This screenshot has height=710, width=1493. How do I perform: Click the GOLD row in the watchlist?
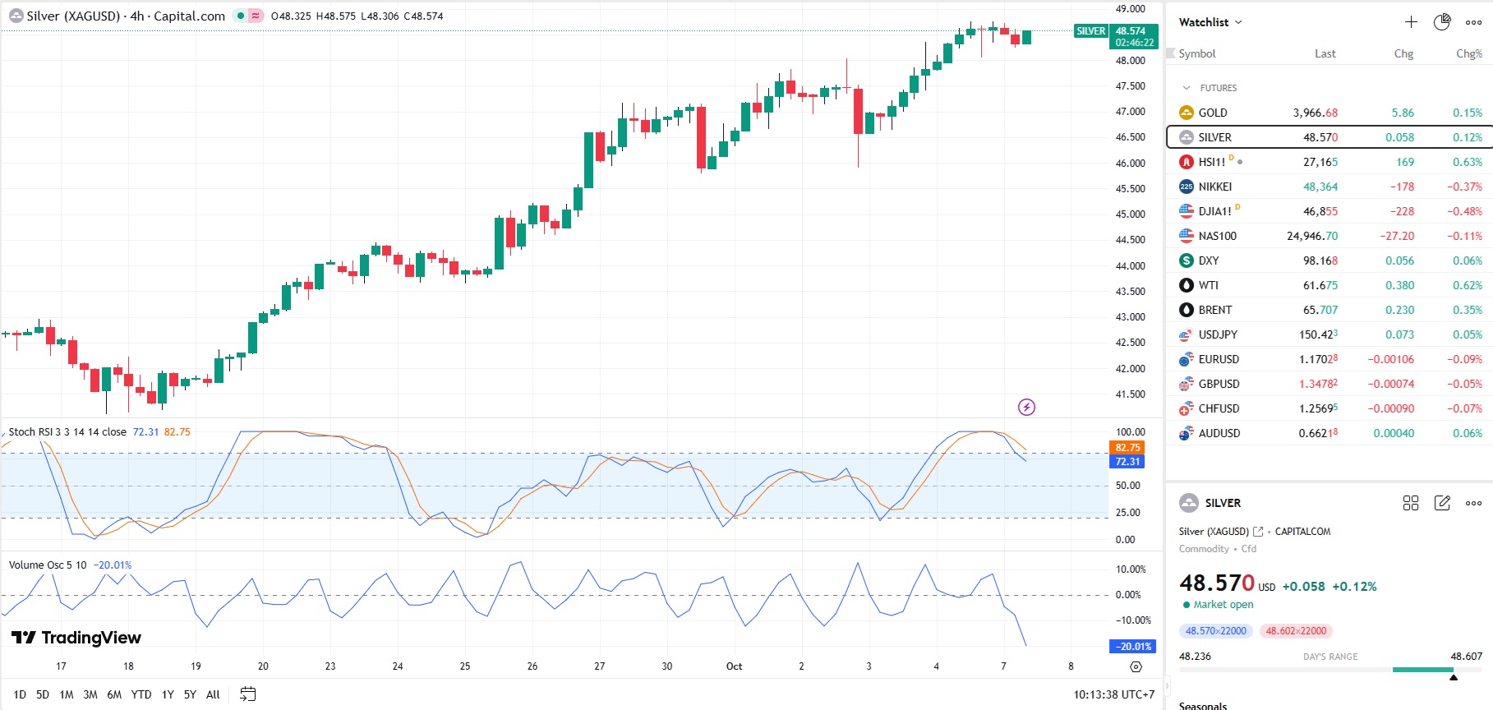pos(1213,113)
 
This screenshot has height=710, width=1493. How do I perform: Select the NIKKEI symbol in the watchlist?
pos(1214,187)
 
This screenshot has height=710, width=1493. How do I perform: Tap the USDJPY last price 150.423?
pos(1318,334)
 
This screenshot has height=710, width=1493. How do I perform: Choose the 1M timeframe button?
pos(67,694)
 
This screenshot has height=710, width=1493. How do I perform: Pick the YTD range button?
pos(141,694)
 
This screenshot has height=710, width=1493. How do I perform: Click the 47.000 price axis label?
pos(1130,112)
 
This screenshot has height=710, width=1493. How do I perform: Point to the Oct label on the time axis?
pos(734,666)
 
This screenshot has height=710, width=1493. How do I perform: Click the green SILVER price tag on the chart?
pos(1090,31)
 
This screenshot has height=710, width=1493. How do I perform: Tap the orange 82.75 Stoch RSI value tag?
pos(1127,448)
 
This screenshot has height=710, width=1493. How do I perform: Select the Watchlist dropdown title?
pos(1210,22)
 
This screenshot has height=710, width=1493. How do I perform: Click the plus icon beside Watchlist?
pos(1411,22)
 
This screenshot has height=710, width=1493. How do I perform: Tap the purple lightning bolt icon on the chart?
pos(1026,407)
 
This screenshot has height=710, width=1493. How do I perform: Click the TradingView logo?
pos(76,638)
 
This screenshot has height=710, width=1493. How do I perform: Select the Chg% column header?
pos(1468,53)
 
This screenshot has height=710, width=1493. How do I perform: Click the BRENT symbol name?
pos(1214,310)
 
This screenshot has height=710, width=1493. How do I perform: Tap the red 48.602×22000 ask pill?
pos(1296,631)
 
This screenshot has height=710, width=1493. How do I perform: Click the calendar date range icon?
pos(247,694)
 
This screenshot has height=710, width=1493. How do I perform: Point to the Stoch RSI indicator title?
pos(67,432)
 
